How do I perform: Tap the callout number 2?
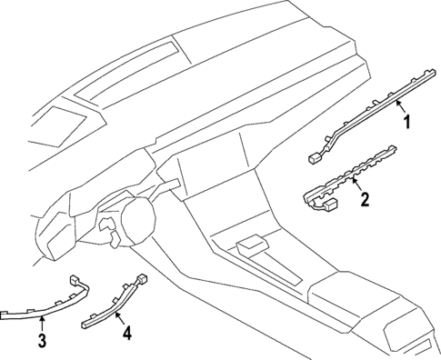click(x=365, y=200)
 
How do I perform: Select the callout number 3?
click(x=41, y=341)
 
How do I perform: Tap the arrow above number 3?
click(x=41, y=323)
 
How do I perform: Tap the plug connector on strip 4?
click(x=141, y=279)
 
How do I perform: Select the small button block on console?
click(x=248, y=245)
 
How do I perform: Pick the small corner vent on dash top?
click(x=60, y=123)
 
